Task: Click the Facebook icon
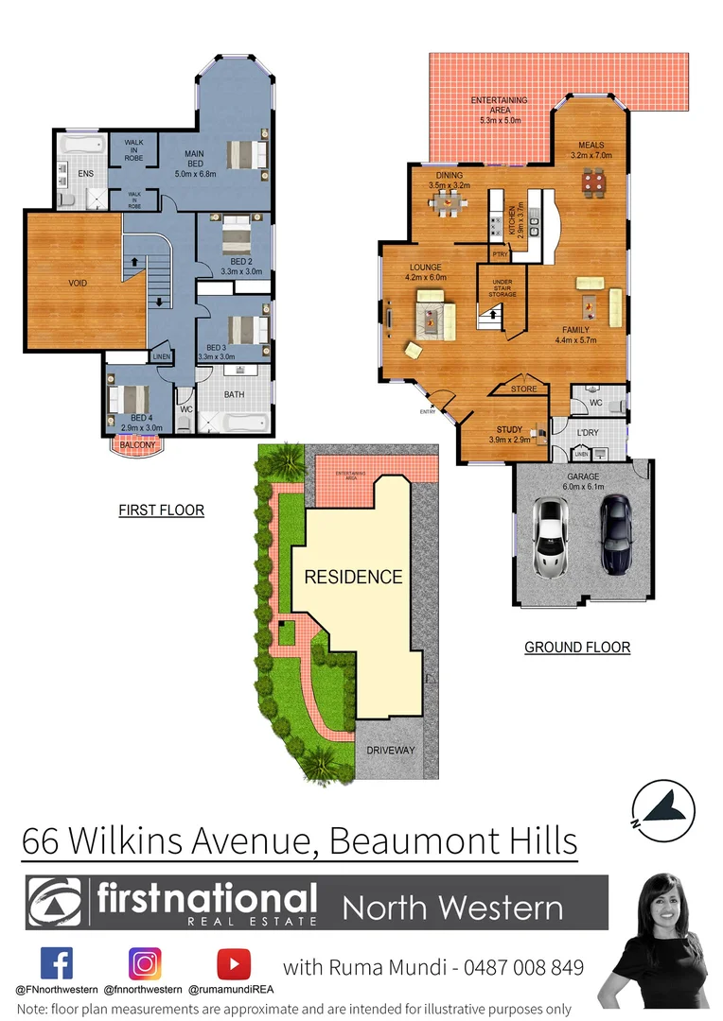pyautogui.click(x=57, y=964)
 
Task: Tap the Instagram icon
pyautogui.click(x=145, y=964)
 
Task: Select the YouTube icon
pyautogui.click(x=233, y=964)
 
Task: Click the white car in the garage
pyautogui.click(x=550, y=536)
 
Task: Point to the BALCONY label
pyautogui.click(x=138, y=444)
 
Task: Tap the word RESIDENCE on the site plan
pyautogui.click(x=353, y=577)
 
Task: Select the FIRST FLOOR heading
pyautogui.click(x=161, y=510)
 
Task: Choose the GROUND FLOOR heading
pyautogui.click(x=577, y=648)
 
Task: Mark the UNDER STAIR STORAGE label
pyautogui.click(x=503, y=287)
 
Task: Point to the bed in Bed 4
pyautogui.click(x=129, y=402)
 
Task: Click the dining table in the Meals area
pyautogui.click(x=593, y=180)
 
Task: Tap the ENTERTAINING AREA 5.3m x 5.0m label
pyautogui.click(x=501, y=110)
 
